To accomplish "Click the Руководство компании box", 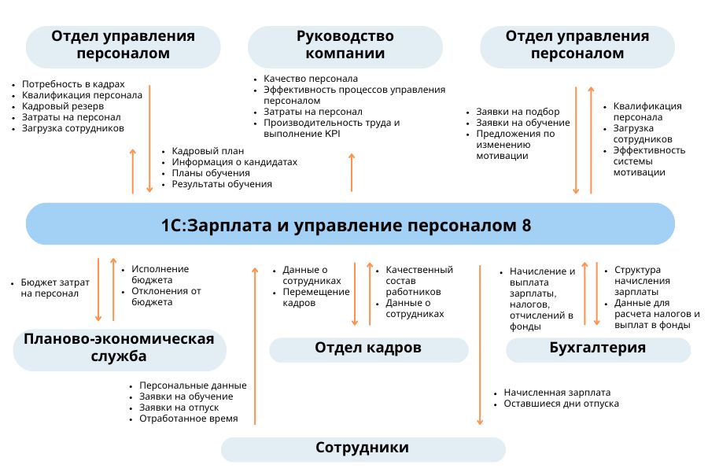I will point(345,46).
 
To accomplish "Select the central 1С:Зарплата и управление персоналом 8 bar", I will point(351,225).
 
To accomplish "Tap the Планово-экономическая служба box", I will point(119,348).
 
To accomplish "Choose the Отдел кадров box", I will point(368,348).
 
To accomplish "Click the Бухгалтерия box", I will point(598,348).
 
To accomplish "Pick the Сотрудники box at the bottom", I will point(363,448).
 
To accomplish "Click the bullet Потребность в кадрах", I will point(73,84).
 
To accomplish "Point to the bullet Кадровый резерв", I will point(63,106).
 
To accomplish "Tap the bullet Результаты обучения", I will point(222,184).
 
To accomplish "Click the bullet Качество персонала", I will point(311,79).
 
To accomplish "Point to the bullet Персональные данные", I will point(193,385).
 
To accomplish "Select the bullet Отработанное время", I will point(188,419).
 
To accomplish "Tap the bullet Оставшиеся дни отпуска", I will point(561,404).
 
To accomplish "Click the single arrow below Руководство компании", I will point(351,172).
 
